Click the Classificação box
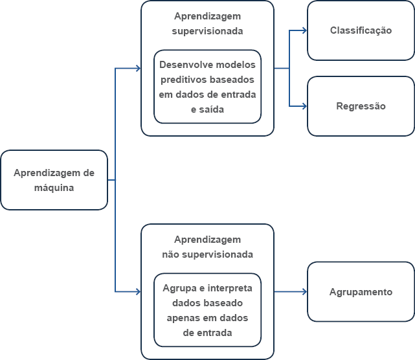pos(361,30)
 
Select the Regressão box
pos(361,106)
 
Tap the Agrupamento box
pos(361,292)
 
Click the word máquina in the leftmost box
pos(54,188)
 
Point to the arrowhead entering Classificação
pos(305,30)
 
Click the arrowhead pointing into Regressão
pos(305,106)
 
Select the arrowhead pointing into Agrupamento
pos(305,292)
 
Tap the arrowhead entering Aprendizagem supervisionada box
pos(139,68)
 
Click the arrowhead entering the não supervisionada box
pos(139,292)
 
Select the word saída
pos(211,109)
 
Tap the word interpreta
pos(230,288)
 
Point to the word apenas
pos(181,318)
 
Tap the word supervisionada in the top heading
pos(207,31)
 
